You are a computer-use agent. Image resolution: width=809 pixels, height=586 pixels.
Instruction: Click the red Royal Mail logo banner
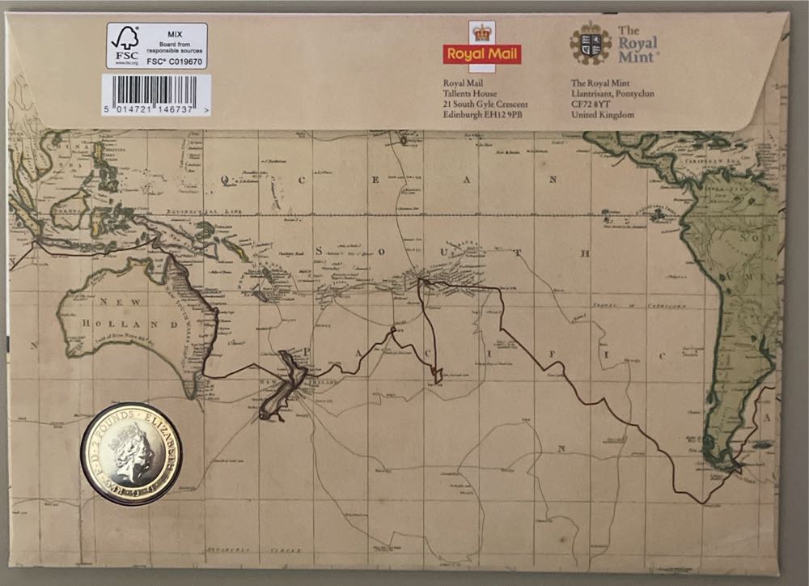(482, 54)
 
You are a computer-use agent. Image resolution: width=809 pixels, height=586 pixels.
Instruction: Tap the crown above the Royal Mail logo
(482, 32)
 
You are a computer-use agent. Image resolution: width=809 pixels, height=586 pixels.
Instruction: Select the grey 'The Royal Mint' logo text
(638, 43)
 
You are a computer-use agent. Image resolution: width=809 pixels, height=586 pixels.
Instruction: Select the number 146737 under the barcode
(177, 108)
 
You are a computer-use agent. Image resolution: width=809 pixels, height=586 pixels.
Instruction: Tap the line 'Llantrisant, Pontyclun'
(612, 93)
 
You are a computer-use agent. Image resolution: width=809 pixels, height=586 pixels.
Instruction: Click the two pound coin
(130, 454)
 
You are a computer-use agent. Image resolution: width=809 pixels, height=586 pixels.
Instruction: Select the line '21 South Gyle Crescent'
(485, 104)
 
